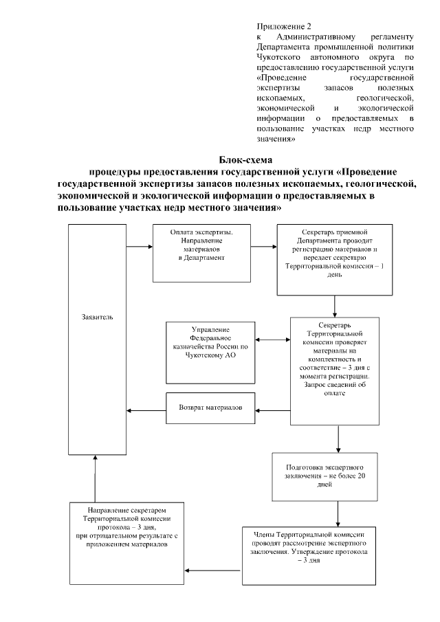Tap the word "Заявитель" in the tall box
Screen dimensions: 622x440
pos(96,318)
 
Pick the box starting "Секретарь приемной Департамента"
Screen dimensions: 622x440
pos(334,258)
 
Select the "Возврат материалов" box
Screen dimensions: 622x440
pos(211,407)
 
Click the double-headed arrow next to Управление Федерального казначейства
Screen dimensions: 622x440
pos(273,340)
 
